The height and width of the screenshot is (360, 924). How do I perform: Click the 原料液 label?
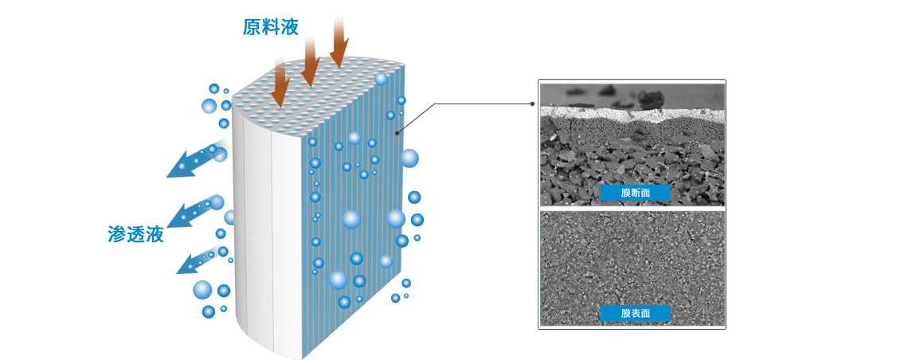pyautogui.click(x=270, y=28)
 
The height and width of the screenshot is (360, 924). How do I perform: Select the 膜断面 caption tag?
pyautogui.click(x=635, y=193)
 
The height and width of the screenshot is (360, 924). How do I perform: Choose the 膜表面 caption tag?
pyautogui.click(x=635, y=313)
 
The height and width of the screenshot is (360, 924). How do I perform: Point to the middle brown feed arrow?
pyautogui.click(x=310, y=58)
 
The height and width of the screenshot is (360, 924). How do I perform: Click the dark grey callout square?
pyautogui.click(x=421, y=117)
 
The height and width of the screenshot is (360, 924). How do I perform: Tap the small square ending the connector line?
pyautogui.click(x=532, y=104)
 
